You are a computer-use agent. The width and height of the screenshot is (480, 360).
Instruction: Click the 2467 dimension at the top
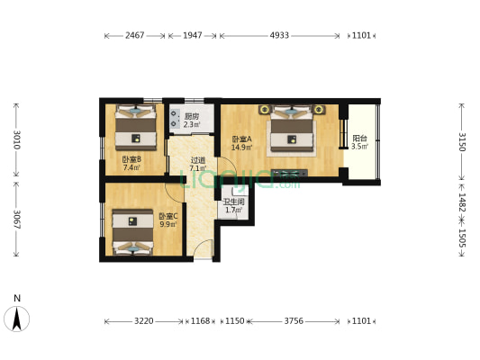135,36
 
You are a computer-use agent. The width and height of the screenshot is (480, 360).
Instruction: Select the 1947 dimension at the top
192,36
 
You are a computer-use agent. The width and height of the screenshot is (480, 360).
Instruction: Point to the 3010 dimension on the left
16,141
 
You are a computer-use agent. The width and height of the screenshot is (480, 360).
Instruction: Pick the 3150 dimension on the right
462,141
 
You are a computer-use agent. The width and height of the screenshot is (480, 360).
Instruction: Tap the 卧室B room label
131,163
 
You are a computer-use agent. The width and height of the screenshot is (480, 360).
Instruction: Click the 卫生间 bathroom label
232,205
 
